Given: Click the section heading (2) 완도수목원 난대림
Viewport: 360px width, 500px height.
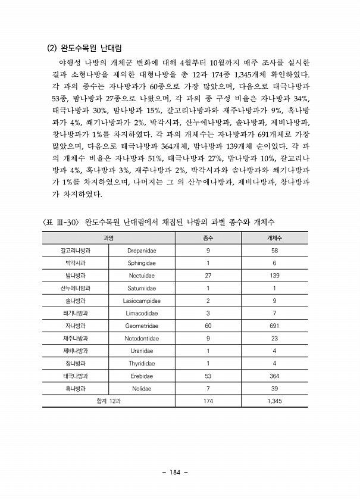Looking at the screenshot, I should (87, 47).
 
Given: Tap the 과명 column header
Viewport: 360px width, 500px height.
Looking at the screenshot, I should (108, 237).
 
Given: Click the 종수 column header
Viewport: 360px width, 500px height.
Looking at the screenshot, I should (208, 237).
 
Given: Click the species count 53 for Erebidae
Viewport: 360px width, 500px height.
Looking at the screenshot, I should (208, 376).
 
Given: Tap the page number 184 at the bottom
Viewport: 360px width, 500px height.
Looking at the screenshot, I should (174, 473).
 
